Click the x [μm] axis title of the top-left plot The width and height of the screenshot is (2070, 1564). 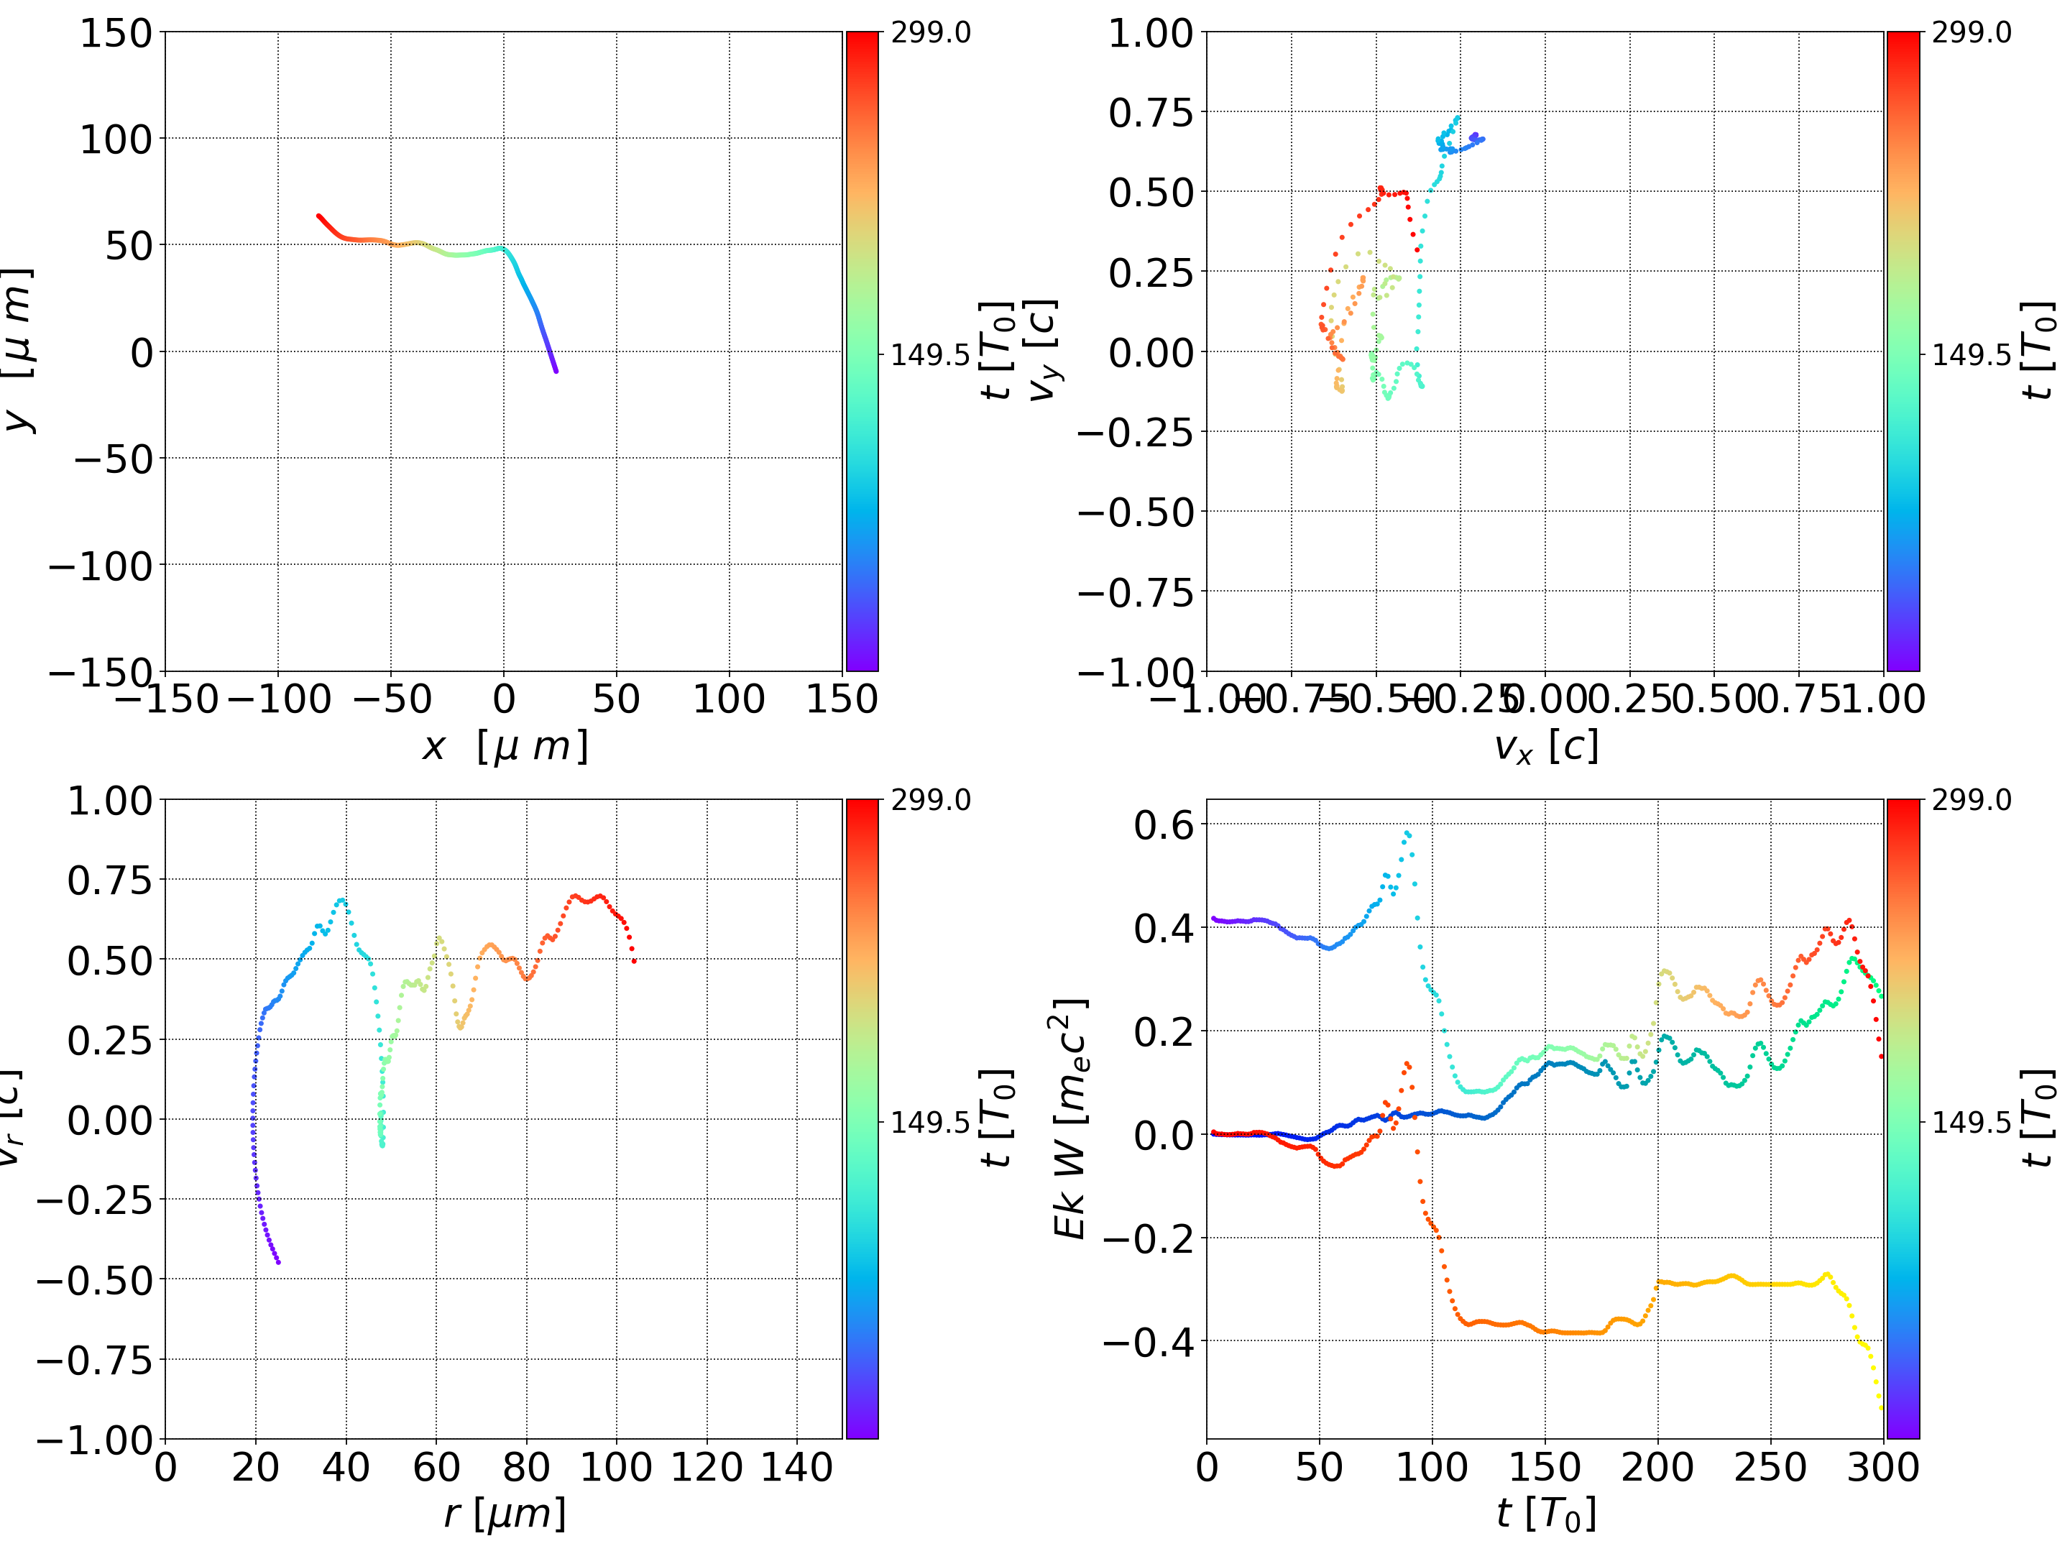505,746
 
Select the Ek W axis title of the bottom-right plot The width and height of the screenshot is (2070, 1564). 1069,1118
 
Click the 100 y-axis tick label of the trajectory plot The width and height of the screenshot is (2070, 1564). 115,139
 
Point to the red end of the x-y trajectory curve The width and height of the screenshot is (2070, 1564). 319,216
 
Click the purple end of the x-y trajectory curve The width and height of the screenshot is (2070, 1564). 556,371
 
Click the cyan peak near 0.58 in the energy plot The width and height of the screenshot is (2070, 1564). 1407,832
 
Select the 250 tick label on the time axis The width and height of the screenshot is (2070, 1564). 1770,1467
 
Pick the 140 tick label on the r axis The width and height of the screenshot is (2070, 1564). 796,1467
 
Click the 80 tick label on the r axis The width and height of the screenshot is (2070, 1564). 526,1467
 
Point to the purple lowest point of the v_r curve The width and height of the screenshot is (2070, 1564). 278,1261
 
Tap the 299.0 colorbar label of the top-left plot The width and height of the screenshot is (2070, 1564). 930,33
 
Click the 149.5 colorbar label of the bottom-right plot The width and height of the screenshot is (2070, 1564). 1971,1121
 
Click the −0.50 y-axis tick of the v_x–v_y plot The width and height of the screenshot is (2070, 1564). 1136,512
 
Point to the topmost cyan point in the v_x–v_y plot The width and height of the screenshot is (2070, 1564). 1458,117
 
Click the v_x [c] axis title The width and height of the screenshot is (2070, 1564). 1545,746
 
